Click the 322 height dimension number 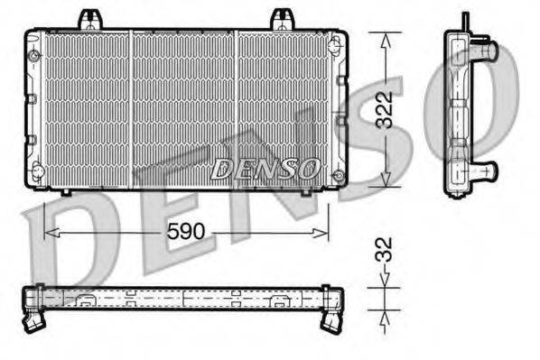385,109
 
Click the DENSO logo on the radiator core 265,167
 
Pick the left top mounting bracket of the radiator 89,19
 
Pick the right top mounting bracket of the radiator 283,19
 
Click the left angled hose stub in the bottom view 35,318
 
